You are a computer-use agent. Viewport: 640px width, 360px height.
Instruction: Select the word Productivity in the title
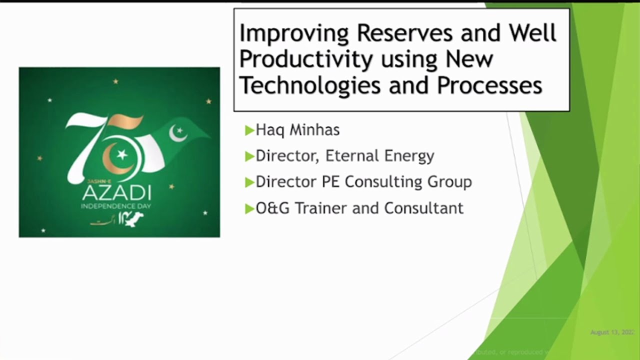pos(306,59)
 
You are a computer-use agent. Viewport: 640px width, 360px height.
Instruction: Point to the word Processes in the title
pos(490,85)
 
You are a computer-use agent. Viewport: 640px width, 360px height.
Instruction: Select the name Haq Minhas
pos(297,130)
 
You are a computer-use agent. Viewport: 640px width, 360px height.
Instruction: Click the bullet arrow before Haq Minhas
pos(249,130)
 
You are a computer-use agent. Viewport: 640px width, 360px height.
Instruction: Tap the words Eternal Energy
pos(379,156)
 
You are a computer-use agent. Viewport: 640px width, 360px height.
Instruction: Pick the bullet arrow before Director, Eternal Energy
pos(249,156)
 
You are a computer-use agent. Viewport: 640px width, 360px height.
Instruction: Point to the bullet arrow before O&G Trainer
pos(249,208)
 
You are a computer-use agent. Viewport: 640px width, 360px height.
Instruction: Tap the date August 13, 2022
pos(612,332)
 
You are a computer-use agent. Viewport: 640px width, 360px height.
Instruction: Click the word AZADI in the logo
pos(116,193)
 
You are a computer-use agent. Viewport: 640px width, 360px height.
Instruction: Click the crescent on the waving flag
pos(177,133)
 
